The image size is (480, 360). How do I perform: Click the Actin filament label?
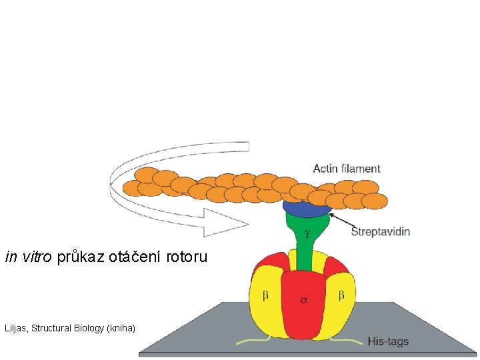tap(347, 169)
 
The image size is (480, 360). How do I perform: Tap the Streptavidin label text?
tap(380, 232)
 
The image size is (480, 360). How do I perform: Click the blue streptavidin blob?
tap(306, 207)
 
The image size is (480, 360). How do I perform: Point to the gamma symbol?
tap(307, 234)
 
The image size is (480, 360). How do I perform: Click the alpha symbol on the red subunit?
tap(304, 300)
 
